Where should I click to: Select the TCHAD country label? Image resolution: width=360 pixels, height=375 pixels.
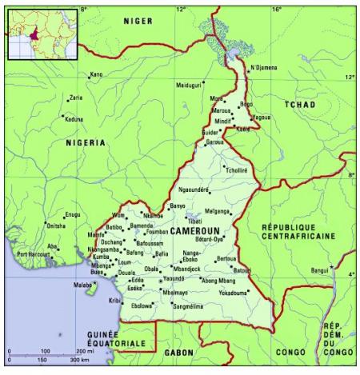pos(299,105)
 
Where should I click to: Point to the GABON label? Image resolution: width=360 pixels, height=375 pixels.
pos(179,352)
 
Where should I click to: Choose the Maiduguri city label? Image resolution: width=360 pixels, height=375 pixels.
pos(190,84)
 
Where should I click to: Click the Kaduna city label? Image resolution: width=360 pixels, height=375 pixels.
pos(74,119)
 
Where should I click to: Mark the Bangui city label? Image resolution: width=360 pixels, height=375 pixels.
pos(320,270)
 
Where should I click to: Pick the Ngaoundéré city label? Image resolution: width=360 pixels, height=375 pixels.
pos(193,189)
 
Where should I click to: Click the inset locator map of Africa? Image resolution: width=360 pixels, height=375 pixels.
pos(42,34)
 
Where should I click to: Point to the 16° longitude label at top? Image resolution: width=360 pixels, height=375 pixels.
pos(276,10)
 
